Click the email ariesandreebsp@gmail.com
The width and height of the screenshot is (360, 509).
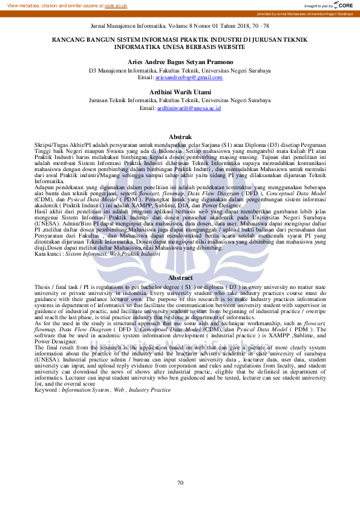189,77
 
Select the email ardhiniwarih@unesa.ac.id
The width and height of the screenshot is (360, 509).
189,108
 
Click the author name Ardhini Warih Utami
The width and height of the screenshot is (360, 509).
180,92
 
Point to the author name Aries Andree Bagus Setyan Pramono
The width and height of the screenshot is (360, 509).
180,62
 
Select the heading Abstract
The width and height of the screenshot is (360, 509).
180,277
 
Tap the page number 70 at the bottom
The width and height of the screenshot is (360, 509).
180,482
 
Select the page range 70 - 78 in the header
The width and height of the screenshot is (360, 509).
257,27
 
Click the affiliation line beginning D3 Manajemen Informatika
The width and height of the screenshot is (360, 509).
180,70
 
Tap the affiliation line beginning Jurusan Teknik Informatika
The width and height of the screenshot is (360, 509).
180,100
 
